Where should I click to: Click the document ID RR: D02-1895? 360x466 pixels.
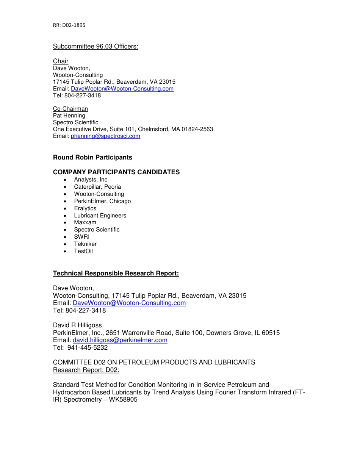(x=69, y=25)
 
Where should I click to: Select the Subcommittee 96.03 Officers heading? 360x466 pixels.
(x=95, y=47)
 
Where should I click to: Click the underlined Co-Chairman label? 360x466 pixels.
(x=70, y=109)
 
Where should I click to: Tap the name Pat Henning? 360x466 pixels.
(x=69, y=116)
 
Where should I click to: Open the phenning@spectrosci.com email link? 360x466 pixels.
(x=105, y=136)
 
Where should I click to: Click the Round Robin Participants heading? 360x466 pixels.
(x=92, y=157)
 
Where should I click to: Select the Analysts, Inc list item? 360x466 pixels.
(x=91, y=180)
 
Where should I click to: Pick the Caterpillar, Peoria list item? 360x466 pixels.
(x=97, y=187)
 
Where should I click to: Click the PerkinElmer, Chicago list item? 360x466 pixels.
(x=102, y=201)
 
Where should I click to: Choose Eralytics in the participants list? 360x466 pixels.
(x=85, y=208)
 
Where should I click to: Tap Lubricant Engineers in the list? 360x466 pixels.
(x=100, y=216)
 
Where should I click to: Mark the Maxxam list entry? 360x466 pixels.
(x=85, y=222)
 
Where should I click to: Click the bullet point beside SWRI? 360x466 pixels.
(x=66, y=237)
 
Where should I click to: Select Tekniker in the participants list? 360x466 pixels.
(x=85, y=244)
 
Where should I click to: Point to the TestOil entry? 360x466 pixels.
(x=83, y=251)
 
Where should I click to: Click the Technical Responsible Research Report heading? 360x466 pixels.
(x=116, y=274)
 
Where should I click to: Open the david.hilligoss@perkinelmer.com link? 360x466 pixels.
(x=120, y=340)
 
